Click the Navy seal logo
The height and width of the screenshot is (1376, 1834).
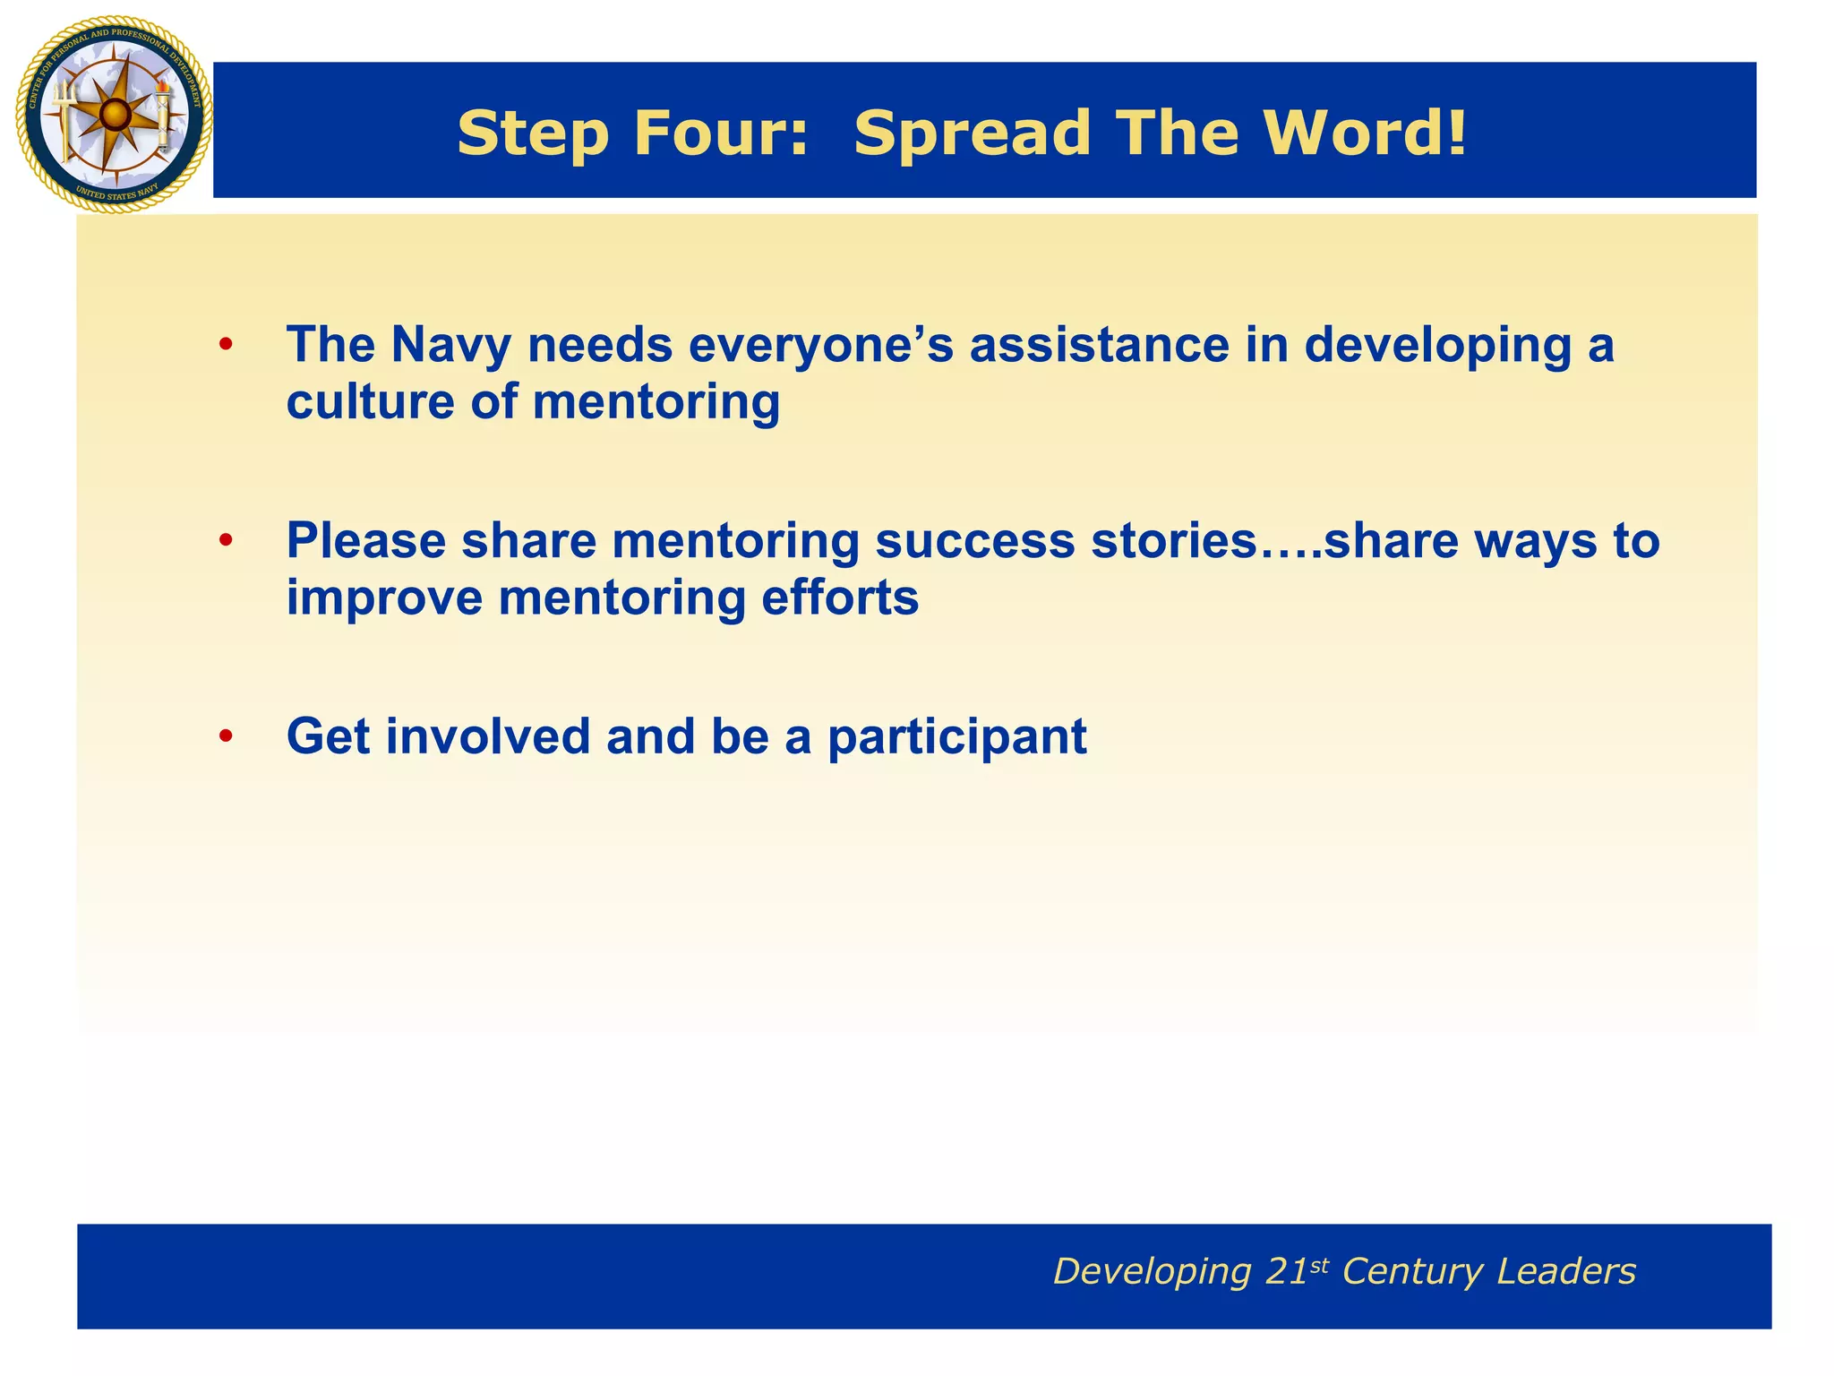114,115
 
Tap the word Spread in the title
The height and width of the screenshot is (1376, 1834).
972,133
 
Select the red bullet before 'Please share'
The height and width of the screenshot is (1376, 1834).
226,540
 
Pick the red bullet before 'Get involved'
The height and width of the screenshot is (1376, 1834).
226,736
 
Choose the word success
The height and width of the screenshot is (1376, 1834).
974,541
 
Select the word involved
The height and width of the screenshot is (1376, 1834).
488,736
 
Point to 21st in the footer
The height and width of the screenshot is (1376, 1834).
1298,1270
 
